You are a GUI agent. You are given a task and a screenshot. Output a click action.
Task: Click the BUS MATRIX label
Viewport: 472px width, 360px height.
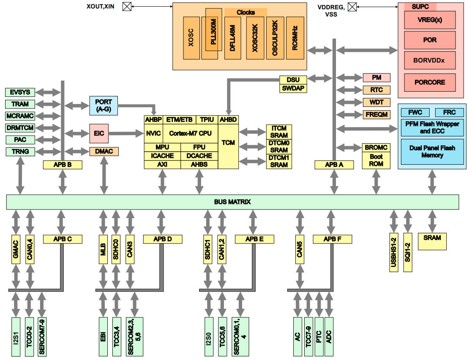232,202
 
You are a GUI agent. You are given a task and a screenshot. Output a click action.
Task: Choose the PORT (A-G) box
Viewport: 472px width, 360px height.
104,106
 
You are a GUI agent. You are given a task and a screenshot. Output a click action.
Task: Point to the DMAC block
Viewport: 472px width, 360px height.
104,151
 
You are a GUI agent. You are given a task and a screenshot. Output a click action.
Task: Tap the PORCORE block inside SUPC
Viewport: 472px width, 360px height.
429,82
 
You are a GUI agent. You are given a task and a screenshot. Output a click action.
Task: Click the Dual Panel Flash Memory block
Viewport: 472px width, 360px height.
432,152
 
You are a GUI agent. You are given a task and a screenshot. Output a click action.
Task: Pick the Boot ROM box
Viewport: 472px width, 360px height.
376,160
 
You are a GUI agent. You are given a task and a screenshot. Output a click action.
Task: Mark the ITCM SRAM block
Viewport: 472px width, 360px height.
279,132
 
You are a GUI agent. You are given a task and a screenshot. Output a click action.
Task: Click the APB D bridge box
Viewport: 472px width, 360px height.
163,239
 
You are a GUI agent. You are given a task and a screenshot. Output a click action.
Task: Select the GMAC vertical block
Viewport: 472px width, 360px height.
16,249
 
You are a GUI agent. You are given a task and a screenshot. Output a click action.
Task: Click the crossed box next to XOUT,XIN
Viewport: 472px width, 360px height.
126,6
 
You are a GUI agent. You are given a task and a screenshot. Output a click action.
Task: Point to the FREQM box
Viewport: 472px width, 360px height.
376,114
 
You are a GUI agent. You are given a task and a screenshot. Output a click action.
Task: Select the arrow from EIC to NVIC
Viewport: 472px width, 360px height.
127,134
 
